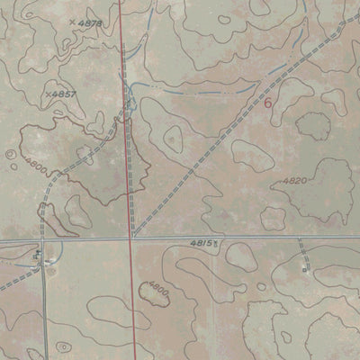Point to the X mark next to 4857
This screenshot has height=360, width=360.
coord(46,92)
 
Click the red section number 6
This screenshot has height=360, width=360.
coord(267,103)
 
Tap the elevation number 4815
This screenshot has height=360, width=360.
coord(202,243)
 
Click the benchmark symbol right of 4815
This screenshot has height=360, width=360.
coord(215,244)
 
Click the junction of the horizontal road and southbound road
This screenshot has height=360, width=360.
coord(44,242)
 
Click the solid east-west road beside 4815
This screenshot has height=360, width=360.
coord(270,238)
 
